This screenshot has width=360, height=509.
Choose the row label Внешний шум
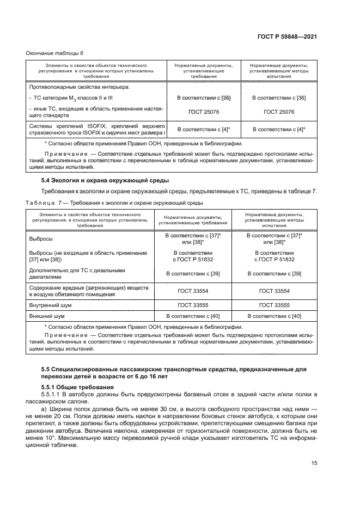tap(46, 316)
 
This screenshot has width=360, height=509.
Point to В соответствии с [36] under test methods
tap(278, 98)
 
